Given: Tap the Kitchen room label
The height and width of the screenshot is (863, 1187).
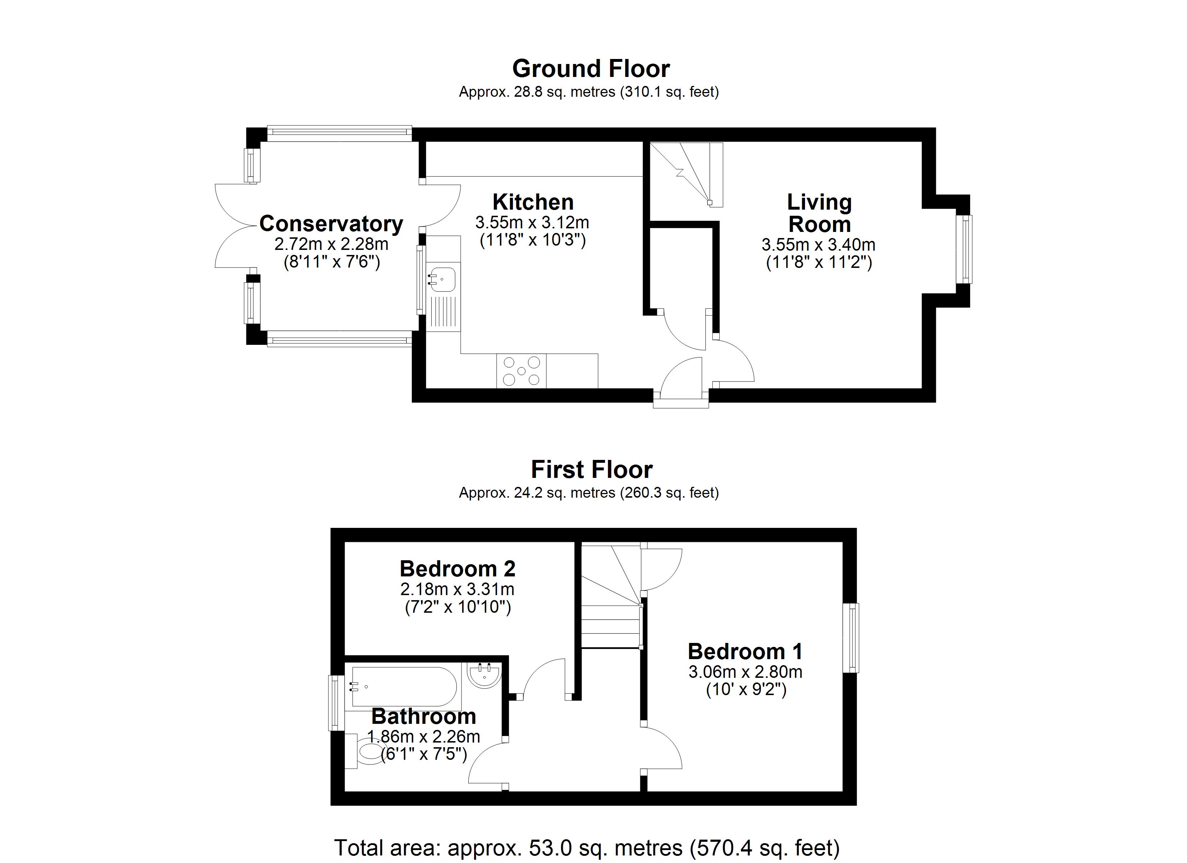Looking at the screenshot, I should pos(533,202).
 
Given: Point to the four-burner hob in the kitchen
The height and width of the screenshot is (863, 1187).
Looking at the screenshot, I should pos(521,371).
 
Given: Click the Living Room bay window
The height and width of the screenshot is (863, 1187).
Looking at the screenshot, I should pos(964,249).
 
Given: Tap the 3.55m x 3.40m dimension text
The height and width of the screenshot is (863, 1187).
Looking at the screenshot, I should pos(818,245).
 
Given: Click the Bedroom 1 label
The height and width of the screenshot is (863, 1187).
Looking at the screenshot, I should pos(745,652).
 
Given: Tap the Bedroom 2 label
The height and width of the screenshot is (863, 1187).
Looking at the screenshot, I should pos(458,569).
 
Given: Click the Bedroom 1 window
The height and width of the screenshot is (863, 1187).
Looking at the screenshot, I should pos(850,638).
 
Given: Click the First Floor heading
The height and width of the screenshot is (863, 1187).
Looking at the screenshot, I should pos(591,470).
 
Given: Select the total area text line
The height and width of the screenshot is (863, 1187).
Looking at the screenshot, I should pos(587,847).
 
